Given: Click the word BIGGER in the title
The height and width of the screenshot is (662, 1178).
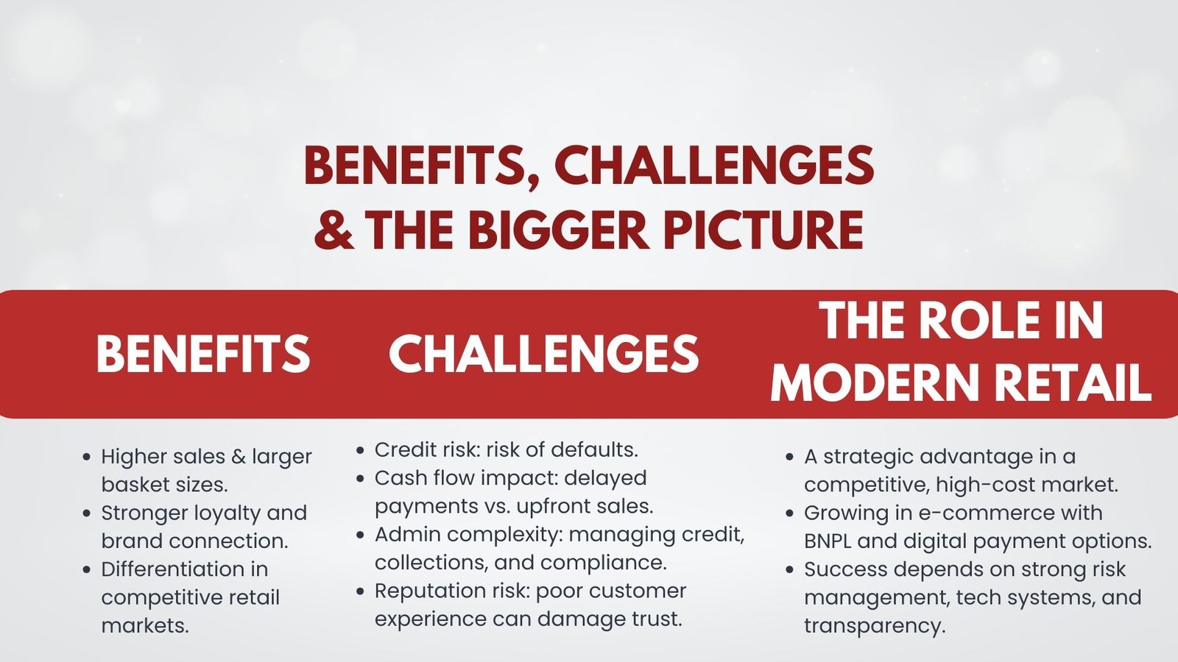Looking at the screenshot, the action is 557,229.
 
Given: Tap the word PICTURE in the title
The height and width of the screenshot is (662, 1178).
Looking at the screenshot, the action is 763,229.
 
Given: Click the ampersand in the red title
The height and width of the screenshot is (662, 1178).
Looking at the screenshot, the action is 334,229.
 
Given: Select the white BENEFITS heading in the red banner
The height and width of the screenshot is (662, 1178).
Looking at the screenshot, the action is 203,354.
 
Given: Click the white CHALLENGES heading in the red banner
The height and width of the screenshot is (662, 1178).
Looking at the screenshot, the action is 544,354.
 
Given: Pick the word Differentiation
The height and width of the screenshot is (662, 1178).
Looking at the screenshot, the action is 185,569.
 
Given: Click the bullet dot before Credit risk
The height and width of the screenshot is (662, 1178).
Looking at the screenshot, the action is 360,450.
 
